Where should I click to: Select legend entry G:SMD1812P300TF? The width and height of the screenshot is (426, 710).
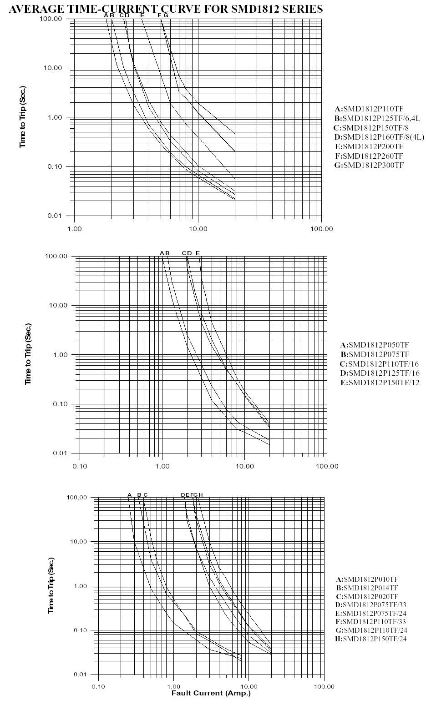(369, 165)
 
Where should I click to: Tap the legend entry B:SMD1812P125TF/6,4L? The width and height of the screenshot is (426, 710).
(377, 119)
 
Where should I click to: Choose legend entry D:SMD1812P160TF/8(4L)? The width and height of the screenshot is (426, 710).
(379, 137)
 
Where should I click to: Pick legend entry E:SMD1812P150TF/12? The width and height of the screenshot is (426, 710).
(380, 383)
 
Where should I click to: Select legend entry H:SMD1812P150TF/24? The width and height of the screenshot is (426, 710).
(371, 639)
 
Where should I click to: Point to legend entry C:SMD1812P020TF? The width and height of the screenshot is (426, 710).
(367, 597)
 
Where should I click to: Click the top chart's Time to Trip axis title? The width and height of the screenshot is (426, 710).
(22, 116)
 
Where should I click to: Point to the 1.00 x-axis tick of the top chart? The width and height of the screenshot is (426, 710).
(75, 229)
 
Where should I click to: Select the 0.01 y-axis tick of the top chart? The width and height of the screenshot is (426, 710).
(55, 216)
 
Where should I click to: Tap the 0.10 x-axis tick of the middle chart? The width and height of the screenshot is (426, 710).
(80, 466)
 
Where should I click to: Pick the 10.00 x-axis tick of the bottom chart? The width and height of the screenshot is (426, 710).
(248, 686)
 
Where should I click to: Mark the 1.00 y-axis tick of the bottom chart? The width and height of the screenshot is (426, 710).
(80, 586)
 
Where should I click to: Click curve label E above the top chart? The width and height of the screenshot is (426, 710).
(142, 15)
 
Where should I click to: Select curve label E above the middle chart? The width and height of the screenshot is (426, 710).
(198, 253)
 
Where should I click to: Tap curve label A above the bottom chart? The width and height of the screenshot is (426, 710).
(129, 495)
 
